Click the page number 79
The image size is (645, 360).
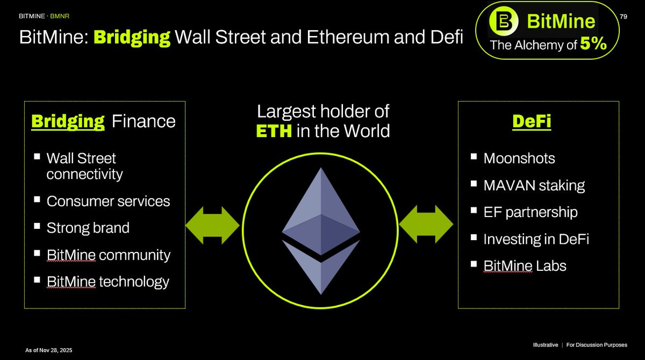(623, 17)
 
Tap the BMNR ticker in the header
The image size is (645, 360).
(60, 16)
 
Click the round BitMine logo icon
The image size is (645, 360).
(504, 21)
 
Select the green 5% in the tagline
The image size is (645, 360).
(593, 44)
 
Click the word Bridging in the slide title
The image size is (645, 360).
(132, 38)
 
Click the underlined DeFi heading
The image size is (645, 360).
(532, 121)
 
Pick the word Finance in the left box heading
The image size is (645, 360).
(144, 121)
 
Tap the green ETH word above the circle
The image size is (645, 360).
(274, 131)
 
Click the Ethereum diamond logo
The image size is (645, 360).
(321, 231)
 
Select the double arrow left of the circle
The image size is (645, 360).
(212, 225)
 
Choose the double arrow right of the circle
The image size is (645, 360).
(426, 224)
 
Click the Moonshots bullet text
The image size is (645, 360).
(519, 159)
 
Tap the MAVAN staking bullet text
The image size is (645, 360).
(534, 185)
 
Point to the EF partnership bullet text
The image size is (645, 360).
(531, 212)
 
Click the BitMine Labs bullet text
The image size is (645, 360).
(525, 265)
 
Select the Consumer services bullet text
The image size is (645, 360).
(108, 201)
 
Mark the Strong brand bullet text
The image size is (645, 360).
(88, 228)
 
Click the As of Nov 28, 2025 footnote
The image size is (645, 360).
(49, 350)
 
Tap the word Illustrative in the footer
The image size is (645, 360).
(546, 345)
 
